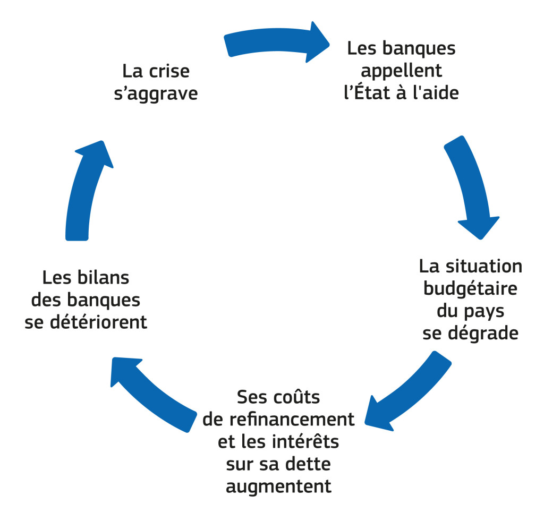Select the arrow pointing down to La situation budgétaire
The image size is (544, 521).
coord(471,186)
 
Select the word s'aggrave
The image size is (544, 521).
coord(156,93)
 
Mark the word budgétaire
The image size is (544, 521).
coord(470,288)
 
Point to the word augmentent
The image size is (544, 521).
coord(278,486)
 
